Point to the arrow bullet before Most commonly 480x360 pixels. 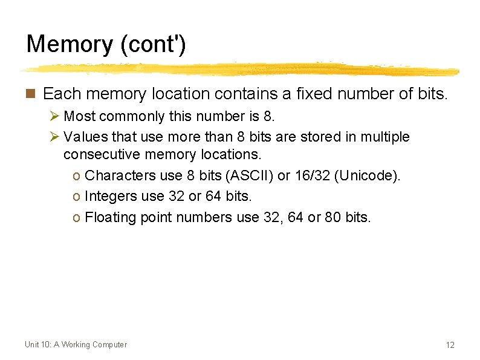[x=54, y=116]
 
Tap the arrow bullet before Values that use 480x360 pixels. [x=54, y=137]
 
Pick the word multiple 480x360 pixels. [x=384, y=137]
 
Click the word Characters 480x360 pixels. [x=120, y=175]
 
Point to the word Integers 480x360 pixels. [x=111, y=196]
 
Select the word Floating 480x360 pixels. [x=111, y=217]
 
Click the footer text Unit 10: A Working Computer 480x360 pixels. [x=76, y=344]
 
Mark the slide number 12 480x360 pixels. [x=450, y=345]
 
